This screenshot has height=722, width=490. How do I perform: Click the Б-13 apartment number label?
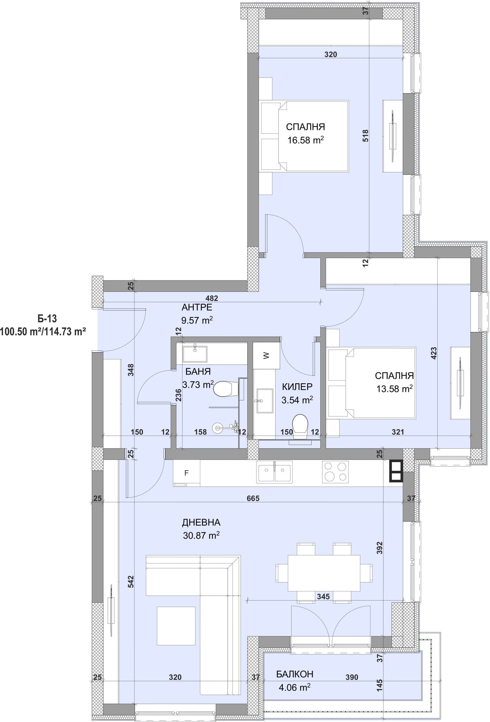[x=47, y=319]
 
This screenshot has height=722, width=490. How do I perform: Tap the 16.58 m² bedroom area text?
[x=305, y=140]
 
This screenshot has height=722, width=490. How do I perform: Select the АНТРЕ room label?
[x=197, y=307]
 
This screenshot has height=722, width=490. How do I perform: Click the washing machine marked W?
[x=266, y=356]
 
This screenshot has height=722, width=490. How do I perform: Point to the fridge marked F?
[x=187, y=473]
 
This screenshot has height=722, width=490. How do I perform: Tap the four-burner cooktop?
[x=335, y=472]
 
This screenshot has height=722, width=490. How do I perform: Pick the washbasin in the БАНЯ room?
[x=195, y=353]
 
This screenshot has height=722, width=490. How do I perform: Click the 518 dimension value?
[x=366, y=136]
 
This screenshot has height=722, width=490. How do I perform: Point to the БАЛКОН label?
[x=295, y=674]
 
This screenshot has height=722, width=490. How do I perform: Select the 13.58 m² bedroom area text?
[x=394, y=389]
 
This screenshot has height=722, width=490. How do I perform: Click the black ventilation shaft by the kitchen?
[x=396, y=471]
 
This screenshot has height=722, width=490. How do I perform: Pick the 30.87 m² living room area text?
[x=201, y=535]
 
